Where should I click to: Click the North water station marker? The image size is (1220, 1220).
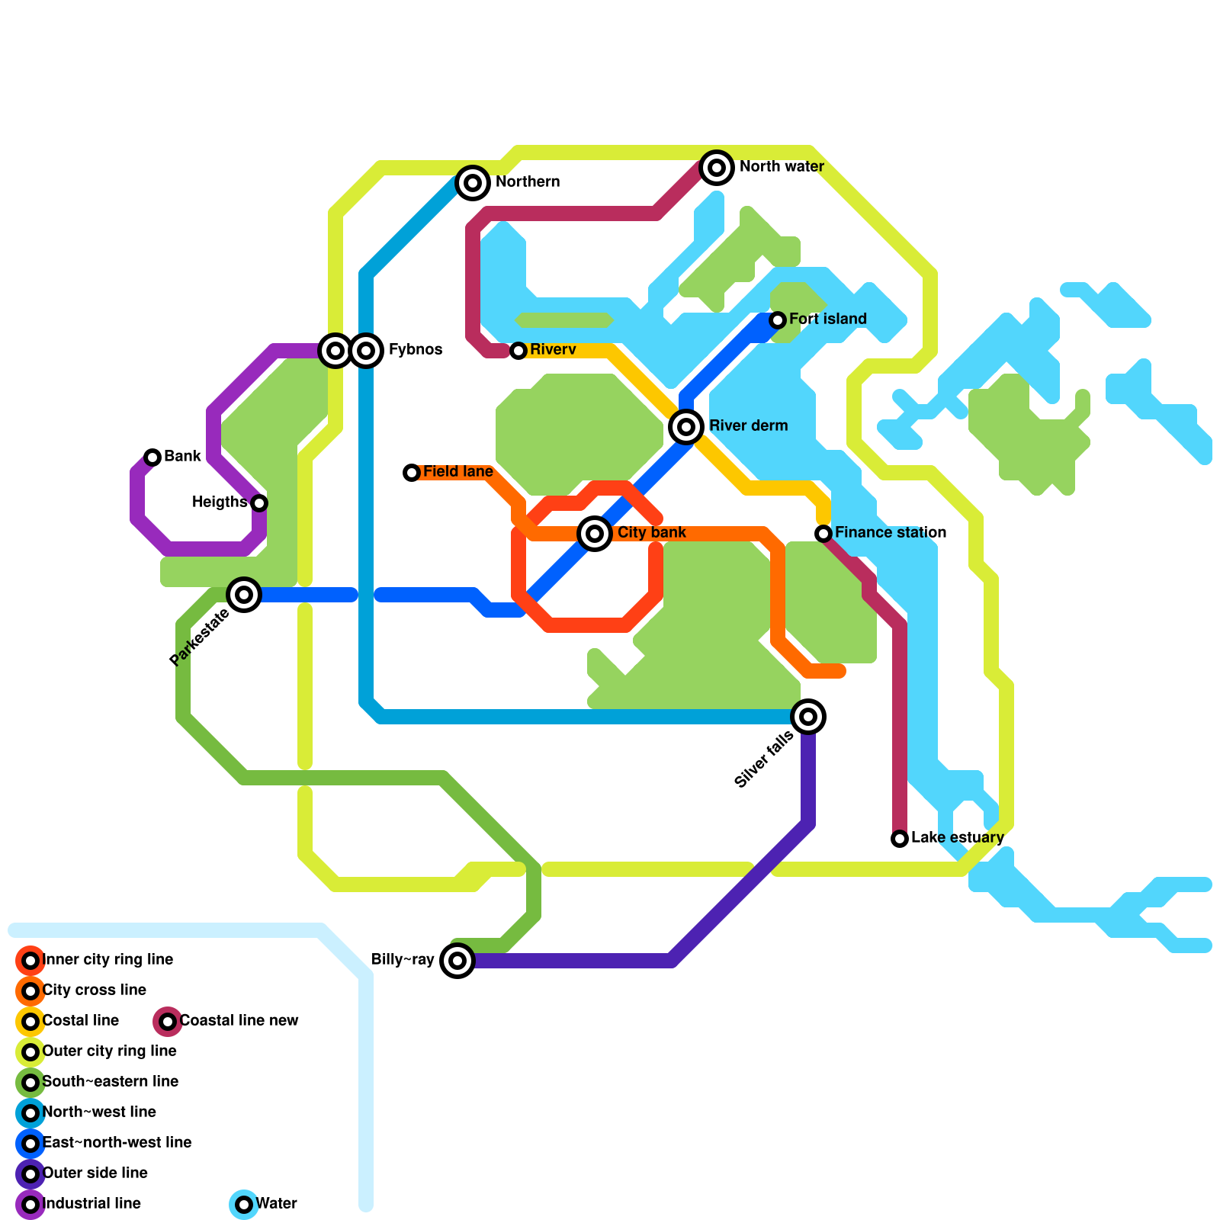tap(717, 168)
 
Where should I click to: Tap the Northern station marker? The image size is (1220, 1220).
tap(473, 183)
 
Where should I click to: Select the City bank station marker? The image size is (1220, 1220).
tap(595, 534)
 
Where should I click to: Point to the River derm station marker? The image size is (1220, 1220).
tap(686, 427)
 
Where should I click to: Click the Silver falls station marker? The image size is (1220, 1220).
tap(808, 717)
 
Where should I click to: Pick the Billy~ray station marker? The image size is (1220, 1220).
tap(457, 961)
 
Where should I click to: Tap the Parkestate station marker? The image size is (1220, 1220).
tap(244, 595)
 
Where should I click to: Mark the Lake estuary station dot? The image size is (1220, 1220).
tap(900, 839)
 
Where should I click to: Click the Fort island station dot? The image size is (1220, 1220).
tap(778, 320)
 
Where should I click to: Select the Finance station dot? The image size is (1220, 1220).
tap(823, 534)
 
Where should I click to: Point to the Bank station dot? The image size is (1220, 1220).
tap(152, 457)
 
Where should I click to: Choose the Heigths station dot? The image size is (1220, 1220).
tap(259, 503)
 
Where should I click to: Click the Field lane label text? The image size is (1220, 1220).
tap(457, 472)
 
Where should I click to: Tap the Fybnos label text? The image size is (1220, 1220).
tap(416, 350)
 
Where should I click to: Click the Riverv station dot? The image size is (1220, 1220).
tap(518, 351)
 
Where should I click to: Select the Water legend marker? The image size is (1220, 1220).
tap(244, 1205)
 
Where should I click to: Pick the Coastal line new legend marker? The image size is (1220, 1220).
tap(168, 1022)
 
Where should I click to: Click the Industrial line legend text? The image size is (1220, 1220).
tap(91, 1204)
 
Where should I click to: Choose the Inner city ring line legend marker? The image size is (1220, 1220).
tap(30, 961)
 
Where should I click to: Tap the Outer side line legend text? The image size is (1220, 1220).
tap(95, 1173)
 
